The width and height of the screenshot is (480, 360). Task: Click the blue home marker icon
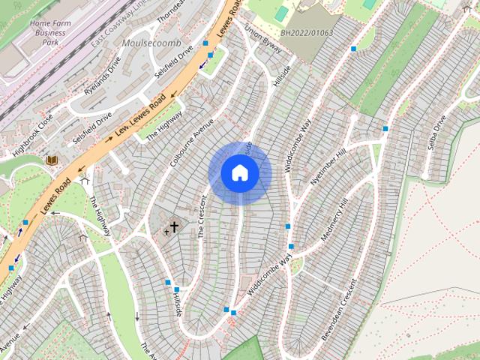click(239, 173)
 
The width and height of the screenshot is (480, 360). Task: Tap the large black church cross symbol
click(174, 226)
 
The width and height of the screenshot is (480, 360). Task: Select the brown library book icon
click(52, 160)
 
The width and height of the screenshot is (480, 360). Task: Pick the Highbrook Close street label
click(34, 133)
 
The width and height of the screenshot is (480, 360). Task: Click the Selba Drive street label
click(436, 132)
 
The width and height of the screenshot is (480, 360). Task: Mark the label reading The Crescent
click(202, 217)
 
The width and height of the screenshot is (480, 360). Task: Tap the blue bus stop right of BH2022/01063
click(353, 49)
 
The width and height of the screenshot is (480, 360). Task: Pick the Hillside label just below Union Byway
click(282, 75)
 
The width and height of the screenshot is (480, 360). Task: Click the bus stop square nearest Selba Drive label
click(385, 128)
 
